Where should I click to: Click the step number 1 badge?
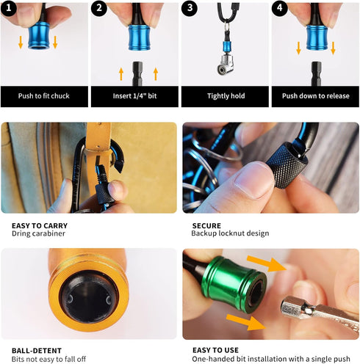[10, 10]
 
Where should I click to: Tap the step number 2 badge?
[100, 10]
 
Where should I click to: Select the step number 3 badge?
[190, 10]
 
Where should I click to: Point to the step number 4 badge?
[281, 10]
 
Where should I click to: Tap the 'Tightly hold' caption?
[225, 95]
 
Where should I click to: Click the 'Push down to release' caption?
[315, 95]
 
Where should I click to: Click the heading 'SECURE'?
[206, 225]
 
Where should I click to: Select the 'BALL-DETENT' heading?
[37, 351]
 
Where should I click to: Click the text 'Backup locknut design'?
[231, 233]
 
